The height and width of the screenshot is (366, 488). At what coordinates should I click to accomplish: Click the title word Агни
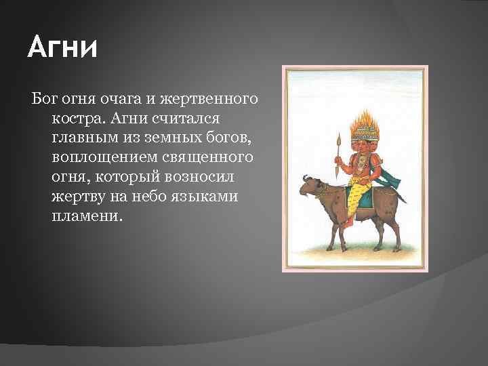point(62,47)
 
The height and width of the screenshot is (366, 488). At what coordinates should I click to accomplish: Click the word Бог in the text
point(44,99)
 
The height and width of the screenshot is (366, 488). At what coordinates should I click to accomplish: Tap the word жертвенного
point(209,100)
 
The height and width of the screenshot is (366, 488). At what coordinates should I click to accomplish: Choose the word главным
point(85,138)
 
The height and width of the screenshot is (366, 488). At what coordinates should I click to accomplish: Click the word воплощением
point(104,158)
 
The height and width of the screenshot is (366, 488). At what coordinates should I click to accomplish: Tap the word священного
point(207,158)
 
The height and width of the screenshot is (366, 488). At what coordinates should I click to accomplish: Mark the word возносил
point(199,177)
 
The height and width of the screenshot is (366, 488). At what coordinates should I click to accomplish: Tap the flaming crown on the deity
point(365,125)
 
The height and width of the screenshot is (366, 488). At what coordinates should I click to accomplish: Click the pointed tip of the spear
point(339,134)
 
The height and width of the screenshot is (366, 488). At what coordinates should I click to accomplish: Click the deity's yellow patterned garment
point(358,196)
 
